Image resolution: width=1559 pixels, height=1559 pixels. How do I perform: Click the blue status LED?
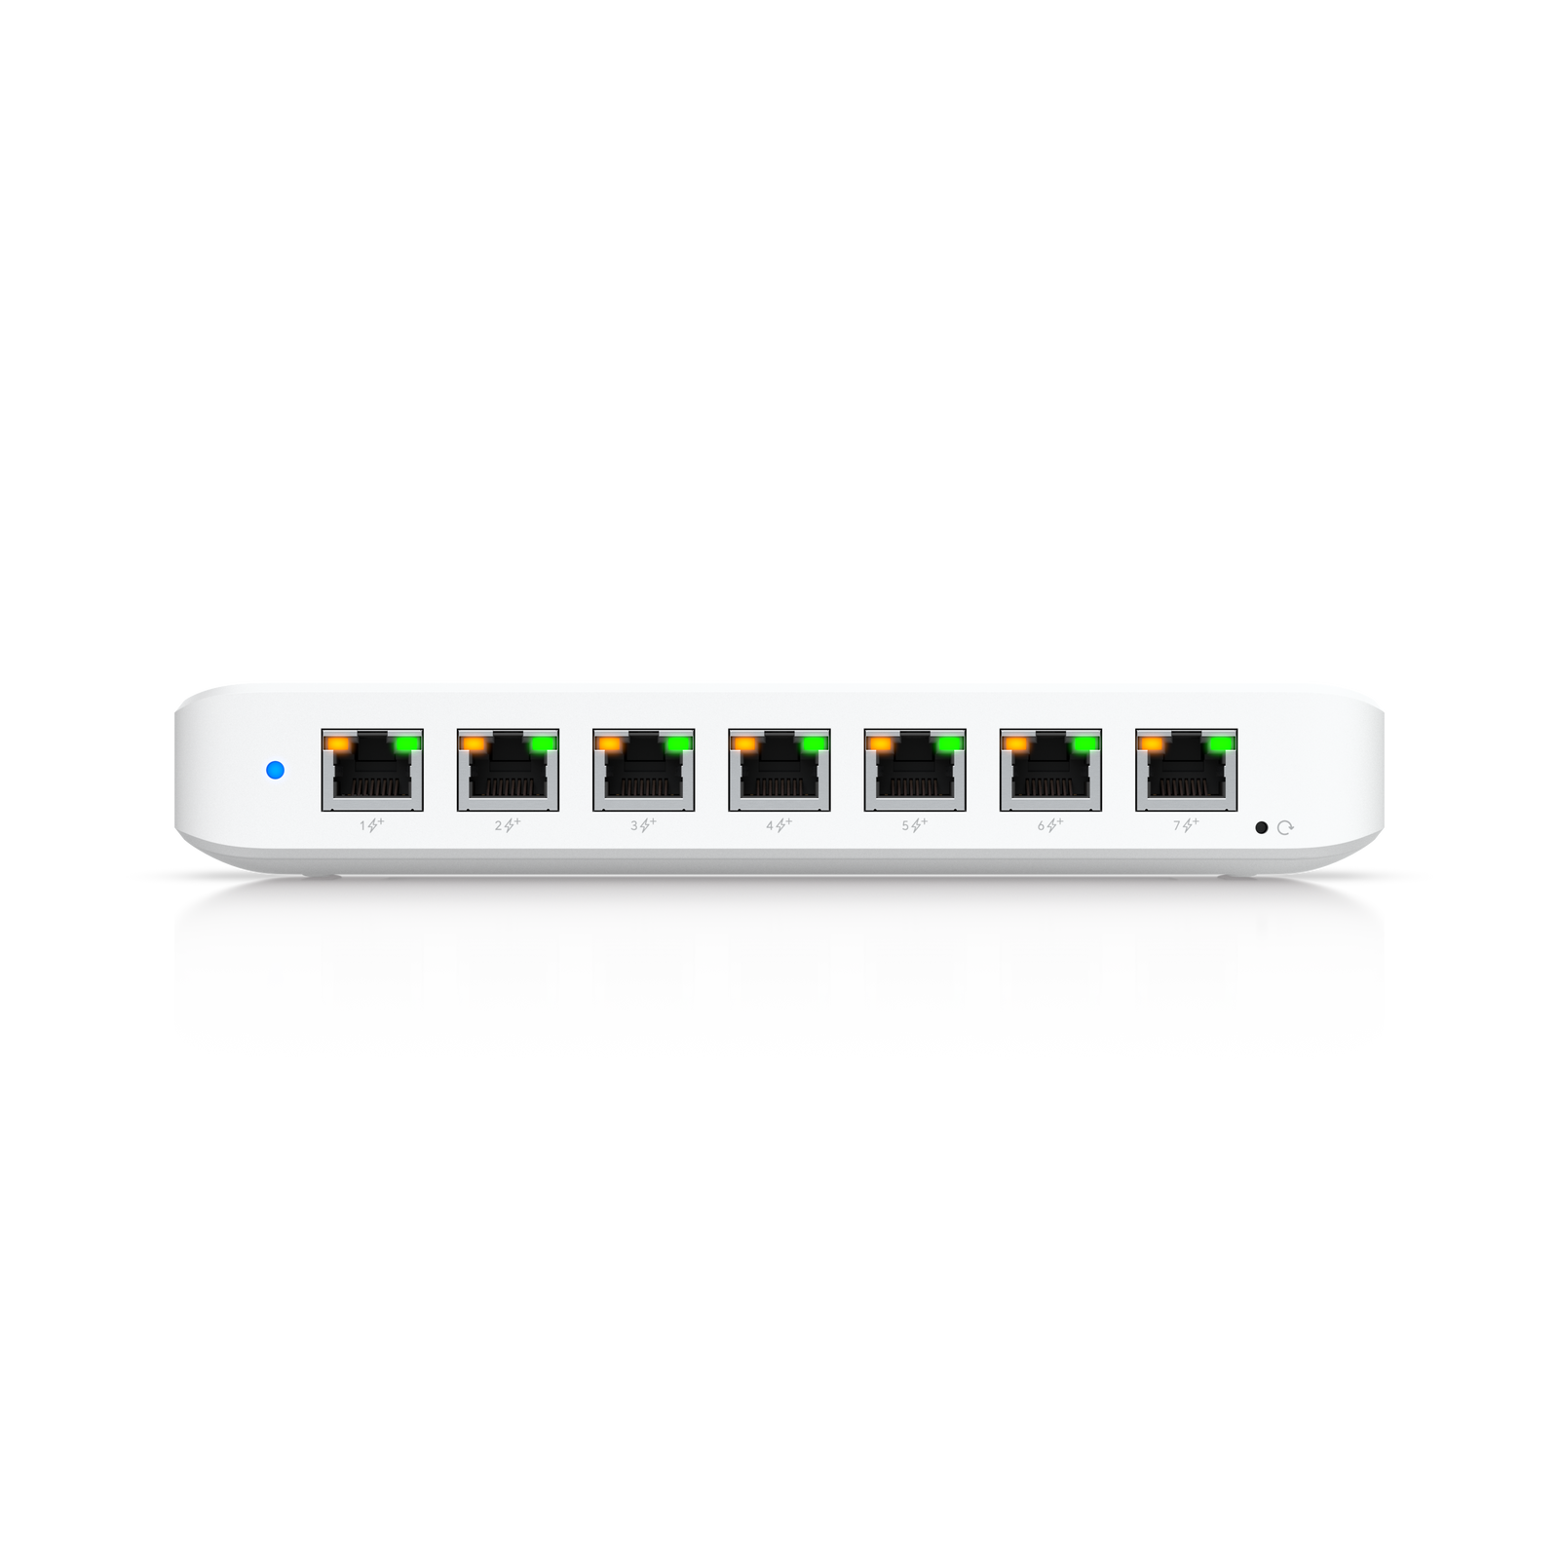pyautogui.click(x=275, y=770)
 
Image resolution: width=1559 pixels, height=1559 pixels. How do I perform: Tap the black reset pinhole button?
pyautogui.click(x=1261, y=827)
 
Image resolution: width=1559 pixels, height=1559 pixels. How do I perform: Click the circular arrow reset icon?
pyautogui.click(x=1285, y=827)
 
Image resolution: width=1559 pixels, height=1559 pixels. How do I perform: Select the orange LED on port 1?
pyautogui.click(x=337, y=743)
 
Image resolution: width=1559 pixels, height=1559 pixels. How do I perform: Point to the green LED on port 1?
pyautogui.click(x=407, y=743)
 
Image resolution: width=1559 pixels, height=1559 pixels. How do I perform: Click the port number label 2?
pyautogui.click(x=499, y=825)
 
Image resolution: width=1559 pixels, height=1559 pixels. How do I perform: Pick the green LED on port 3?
pyautogui.click(x=679, y=743)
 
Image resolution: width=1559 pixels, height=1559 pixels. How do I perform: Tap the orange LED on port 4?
pyautogui.click(x=744, y=743)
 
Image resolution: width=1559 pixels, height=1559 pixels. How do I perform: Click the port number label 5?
pyautogui.click(x=905, y=825)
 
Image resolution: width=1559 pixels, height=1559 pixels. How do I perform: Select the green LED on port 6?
pyautogui.click(x=1086, y=743)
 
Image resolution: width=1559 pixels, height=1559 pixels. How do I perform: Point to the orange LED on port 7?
pyautogui.click(x=1152, y=743)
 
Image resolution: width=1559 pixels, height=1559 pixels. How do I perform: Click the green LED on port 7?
pyautogui.click(x=1222, y=743)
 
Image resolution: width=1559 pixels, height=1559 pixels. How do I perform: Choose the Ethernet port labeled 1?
pyautogui.click(x=372, y=770)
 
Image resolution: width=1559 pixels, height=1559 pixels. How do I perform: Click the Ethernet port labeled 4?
pyautogui.click(x=779, y=770)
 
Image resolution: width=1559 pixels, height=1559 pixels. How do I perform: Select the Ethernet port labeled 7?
pyautogui.click(x=1187, y=770)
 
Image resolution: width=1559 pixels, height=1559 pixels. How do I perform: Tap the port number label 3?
pyautogui.click(x=634, y=825)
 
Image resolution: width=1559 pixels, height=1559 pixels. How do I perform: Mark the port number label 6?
pyautogui.click(x=1041, y=825)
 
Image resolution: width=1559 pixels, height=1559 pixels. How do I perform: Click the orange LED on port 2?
pyautogui.click(x=474, y=743)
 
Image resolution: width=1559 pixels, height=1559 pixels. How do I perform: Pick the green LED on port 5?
pyautogui.click(x=950, y=743)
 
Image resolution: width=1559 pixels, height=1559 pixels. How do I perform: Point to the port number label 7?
pyautogui.click(x=1177, y=825)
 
